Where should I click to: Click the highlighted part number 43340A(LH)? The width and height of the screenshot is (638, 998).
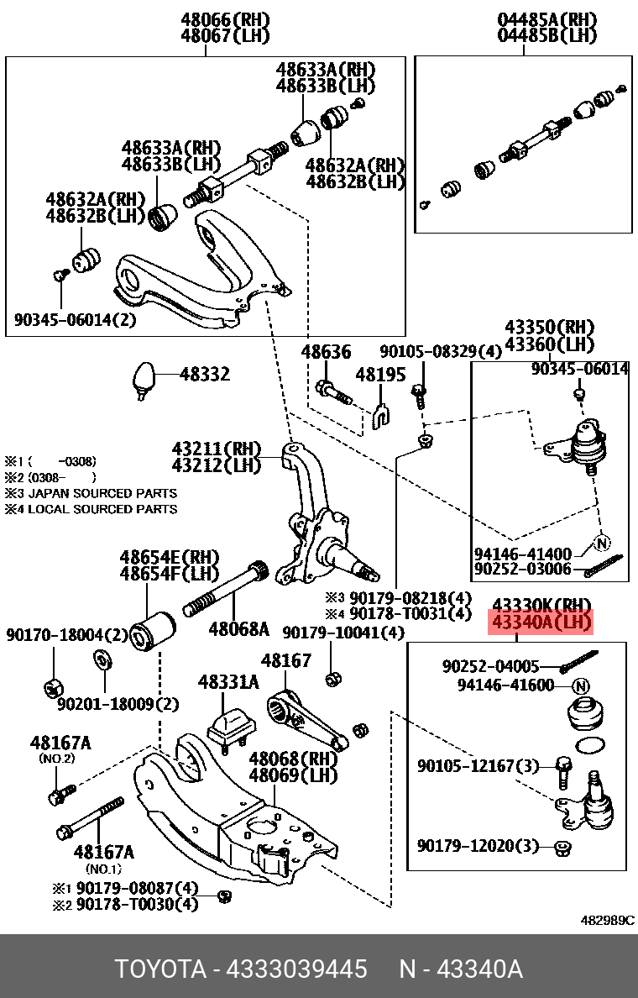point(541,623)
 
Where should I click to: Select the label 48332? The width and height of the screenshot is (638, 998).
point(204,375)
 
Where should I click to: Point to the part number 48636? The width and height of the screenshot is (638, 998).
point(326,352)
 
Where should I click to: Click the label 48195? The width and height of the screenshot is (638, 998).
point(379,374)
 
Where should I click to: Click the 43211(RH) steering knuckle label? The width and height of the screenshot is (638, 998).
point(216,449)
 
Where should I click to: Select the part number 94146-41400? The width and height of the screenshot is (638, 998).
point(522,554)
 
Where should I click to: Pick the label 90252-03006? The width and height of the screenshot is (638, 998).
point(522,569)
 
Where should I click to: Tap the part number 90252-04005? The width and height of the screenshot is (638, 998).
point(491,666)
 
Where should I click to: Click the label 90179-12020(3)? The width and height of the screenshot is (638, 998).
point(478,845)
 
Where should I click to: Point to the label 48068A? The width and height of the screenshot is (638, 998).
point(238,628)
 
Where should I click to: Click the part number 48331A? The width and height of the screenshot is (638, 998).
point(228,683)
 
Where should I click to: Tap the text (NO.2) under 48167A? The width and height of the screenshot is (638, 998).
point(56,759)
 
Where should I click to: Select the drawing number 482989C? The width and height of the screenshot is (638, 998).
point(608,920)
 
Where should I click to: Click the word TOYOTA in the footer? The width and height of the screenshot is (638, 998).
point(160,969)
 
